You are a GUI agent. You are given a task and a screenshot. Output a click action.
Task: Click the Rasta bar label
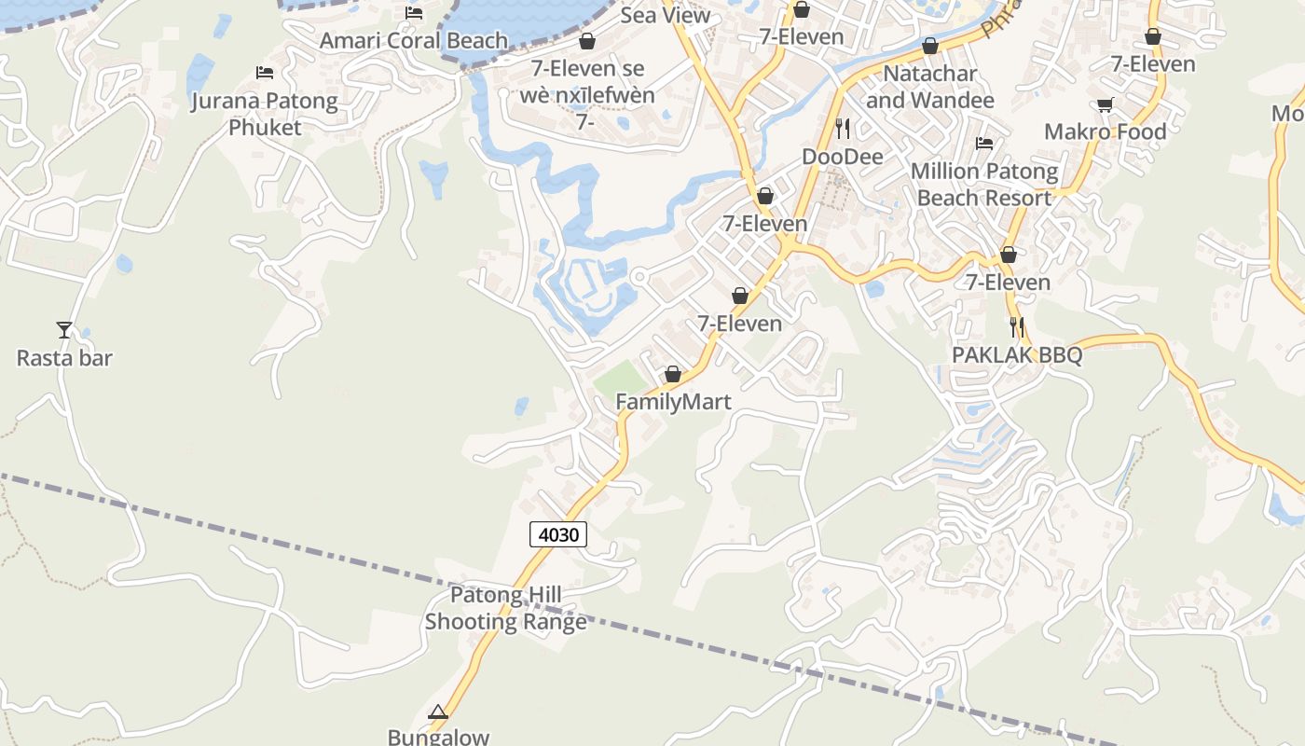(x=64, y=358)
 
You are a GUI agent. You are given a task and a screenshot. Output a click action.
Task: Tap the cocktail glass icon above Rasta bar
(x=64, y=329)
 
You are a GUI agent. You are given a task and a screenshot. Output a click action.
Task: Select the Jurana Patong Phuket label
(x=265, y=114)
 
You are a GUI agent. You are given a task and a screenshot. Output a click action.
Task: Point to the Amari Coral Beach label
(x=414, y=41)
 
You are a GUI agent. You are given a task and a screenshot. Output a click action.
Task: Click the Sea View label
(x=666, y=15)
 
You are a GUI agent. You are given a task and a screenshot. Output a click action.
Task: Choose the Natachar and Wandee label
(x=930, y=87)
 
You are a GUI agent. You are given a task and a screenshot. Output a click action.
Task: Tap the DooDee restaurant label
(x=843, y=157)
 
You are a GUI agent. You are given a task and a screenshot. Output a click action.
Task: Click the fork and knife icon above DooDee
(x=843, y=128)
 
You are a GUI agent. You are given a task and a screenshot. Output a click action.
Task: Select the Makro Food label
(x=1106, y=131)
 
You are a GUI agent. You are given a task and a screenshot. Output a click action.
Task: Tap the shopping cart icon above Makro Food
(x=1106, y=104)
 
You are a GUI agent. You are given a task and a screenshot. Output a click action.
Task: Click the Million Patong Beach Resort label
(x=984, y=185)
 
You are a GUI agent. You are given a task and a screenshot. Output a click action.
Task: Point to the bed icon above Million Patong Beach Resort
(x=984, y=143)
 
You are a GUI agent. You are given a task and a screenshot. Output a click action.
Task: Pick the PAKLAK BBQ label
(x=1017, y=355)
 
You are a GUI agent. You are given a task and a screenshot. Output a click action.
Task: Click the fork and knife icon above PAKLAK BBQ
(x=1017, y=327)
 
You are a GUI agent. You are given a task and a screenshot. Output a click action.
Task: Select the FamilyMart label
(x=673, y=402)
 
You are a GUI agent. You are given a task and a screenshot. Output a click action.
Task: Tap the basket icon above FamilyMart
(x=673, y=375)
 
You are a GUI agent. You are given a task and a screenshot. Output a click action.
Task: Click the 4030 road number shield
(x=559, y=535)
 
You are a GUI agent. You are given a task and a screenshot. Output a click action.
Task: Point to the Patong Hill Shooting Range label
(x=506, y=608)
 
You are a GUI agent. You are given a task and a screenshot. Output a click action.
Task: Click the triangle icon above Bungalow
(x=438, y=712)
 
